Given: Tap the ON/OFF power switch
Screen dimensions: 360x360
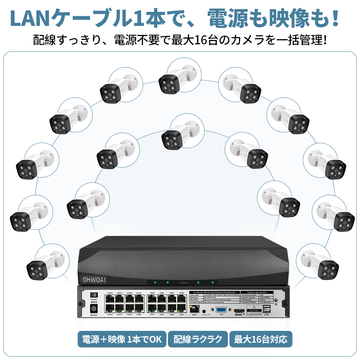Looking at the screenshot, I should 94,294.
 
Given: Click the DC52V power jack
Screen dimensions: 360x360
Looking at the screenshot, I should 94,308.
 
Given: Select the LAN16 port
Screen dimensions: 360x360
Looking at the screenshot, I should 110,298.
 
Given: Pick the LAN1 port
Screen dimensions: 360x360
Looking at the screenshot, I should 181,308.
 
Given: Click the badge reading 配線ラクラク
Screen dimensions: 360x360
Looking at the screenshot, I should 198,339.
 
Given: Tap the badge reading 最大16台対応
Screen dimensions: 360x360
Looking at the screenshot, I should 261,339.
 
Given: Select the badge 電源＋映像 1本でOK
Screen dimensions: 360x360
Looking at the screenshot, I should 122,339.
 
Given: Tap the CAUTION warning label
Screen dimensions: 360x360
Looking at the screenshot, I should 254,310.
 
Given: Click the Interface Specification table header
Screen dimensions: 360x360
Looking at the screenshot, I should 256,292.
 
